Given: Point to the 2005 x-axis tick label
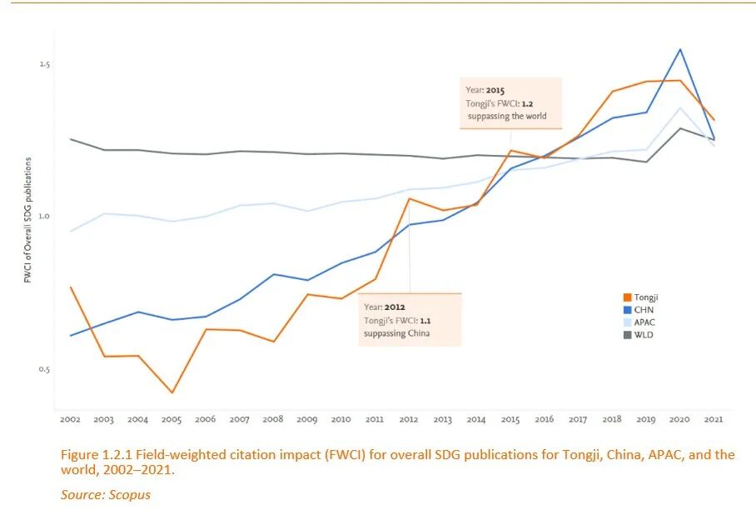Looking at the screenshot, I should tap(171, 419).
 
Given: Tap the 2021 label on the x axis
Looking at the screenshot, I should tap(714, 419).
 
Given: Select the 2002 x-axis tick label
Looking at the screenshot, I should tap(69, 419).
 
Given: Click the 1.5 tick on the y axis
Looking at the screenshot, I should tap(44, 64).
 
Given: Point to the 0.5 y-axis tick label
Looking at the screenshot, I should tap(44, 369).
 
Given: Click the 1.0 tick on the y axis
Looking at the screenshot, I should tap(44, 217).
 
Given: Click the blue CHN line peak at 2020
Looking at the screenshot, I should tap(680, 49).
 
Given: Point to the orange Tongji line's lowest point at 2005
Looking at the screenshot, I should tap(172, 392).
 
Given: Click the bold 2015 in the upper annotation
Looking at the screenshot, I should tap(495, 90).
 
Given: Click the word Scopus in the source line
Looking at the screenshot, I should tap(132, 495).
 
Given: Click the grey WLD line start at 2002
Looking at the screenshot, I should tap(70, 139).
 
